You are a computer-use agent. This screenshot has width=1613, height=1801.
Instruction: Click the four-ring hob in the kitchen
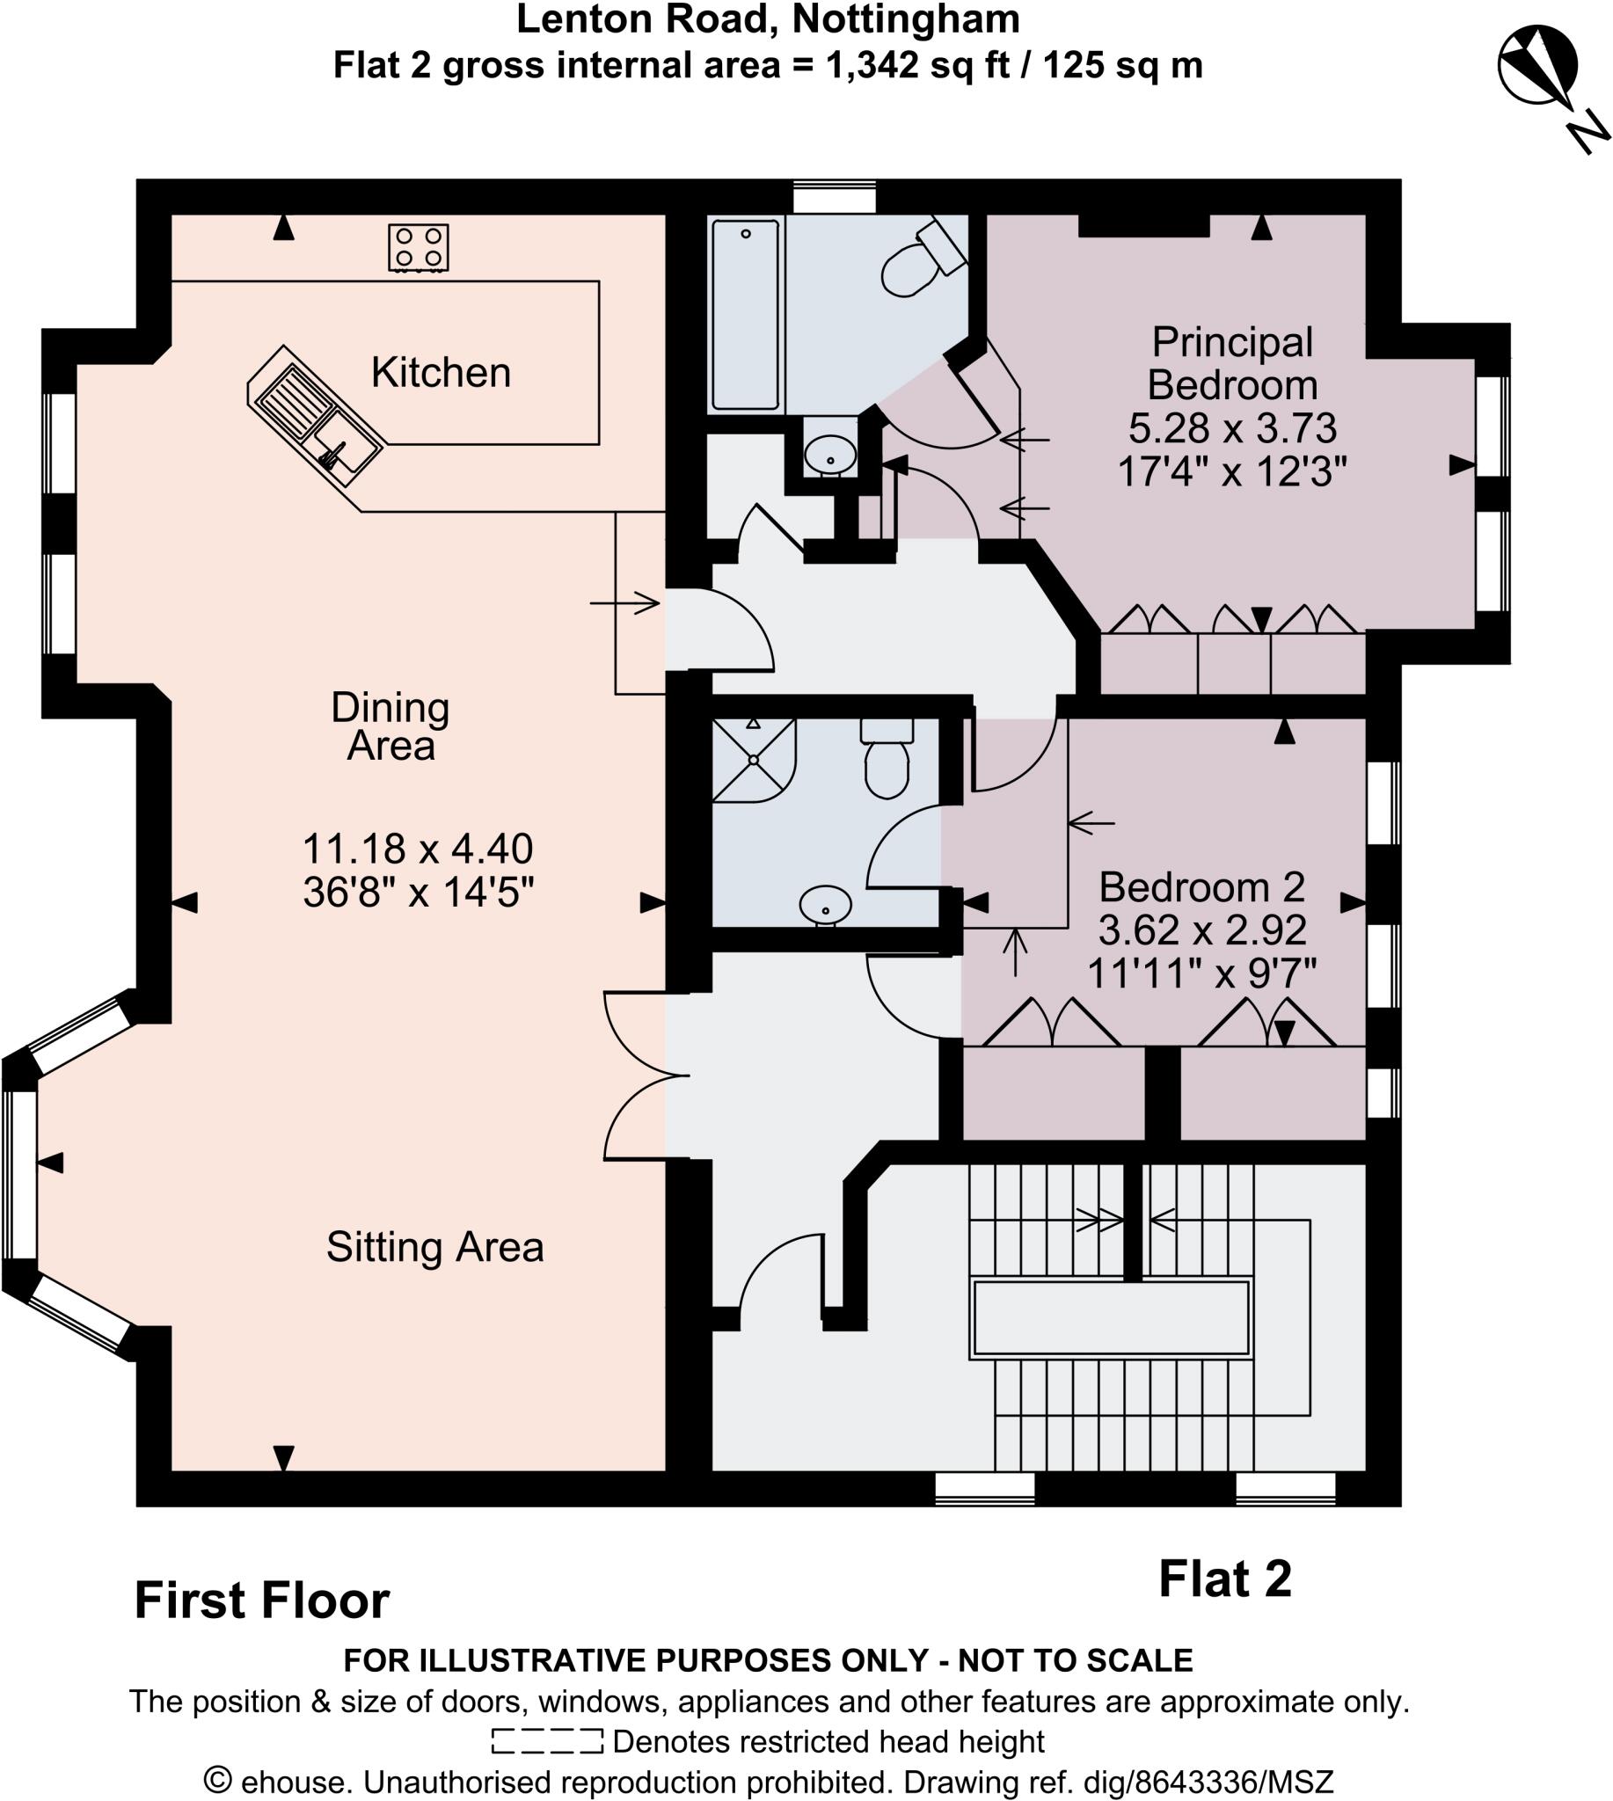pos(419,247)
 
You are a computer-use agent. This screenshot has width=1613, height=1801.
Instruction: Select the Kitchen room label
pos(441,372)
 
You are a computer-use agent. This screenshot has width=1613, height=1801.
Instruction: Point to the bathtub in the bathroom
pos(745,315)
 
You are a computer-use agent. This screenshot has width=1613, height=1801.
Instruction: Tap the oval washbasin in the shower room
pos(825,905)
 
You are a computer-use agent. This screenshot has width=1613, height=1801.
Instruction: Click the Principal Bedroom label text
pos(1232,363)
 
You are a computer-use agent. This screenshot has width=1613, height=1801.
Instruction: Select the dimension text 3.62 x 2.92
pos(1201,930)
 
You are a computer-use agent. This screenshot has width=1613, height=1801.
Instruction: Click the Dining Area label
pos(390,726)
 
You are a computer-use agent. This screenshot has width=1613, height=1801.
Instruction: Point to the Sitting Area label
pos(434,1247)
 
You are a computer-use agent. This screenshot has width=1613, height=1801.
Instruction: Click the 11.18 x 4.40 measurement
pos(418,849)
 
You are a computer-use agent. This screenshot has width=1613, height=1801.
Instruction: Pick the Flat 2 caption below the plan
pos(1225,1579)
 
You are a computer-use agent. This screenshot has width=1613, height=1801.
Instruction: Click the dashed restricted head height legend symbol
pos(547,1740)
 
